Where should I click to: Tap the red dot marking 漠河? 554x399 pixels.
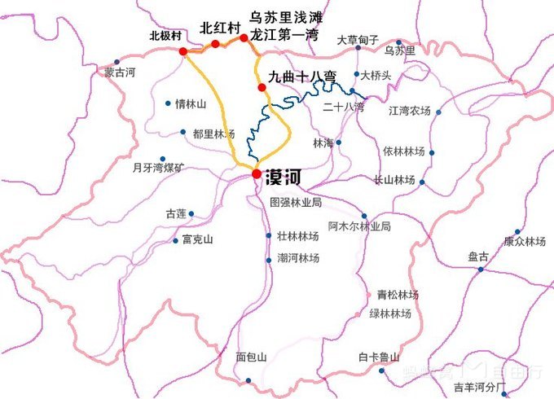256,174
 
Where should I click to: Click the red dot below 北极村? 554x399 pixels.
183,52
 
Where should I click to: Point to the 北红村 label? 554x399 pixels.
220,28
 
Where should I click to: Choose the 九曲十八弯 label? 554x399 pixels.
301,78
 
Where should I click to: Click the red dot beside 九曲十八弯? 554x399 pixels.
261,88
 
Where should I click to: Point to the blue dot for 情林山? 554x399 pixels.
168,103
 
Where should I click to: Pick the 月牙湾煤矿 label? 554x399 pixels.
158,169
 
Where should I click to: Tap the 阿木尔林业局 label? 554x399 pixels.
359,226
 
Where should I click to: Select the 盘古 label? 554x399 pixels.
479,256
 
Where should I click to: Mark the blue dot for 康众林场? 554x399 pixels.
517,231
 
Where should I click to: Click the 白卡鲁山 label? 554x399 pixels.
379,357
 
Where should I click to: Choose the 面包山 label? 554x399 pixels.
251,357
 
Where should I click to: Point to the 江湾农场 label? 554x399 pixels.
409,110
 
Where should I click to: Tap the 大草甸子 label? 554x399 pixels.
358,40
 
